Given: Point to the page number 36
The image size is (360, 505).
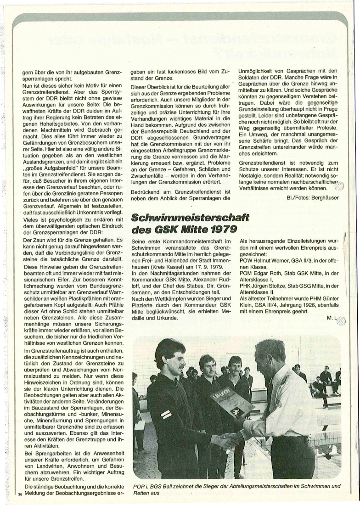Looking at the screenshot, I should (19, 494).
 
